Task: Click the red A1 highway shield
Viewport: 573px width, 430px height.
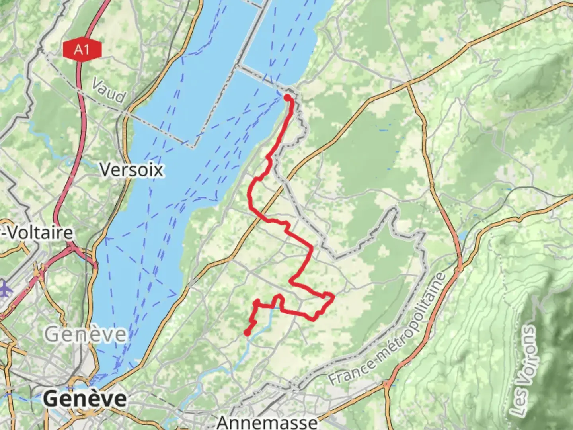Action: (x=82, y=50)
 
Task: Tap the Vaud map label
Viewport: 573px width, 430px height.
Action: (x=109, y=91)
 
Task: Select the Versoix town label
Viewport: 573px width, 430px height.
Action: (x=131, y=170)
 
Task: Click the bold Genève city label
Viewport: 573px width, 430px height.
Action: (x=85, y=399)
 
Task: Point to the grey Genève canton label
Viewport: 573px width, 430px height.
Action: (x=85, y=334)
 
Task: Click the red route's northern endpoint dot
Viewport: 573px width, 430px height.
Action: (x=287, y=97)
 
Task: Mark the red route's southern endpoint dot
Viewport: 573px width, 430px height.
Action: (x=247, y=333)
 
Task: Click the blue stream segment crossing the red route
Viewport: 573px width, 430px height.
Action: (x=274, y=307)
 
